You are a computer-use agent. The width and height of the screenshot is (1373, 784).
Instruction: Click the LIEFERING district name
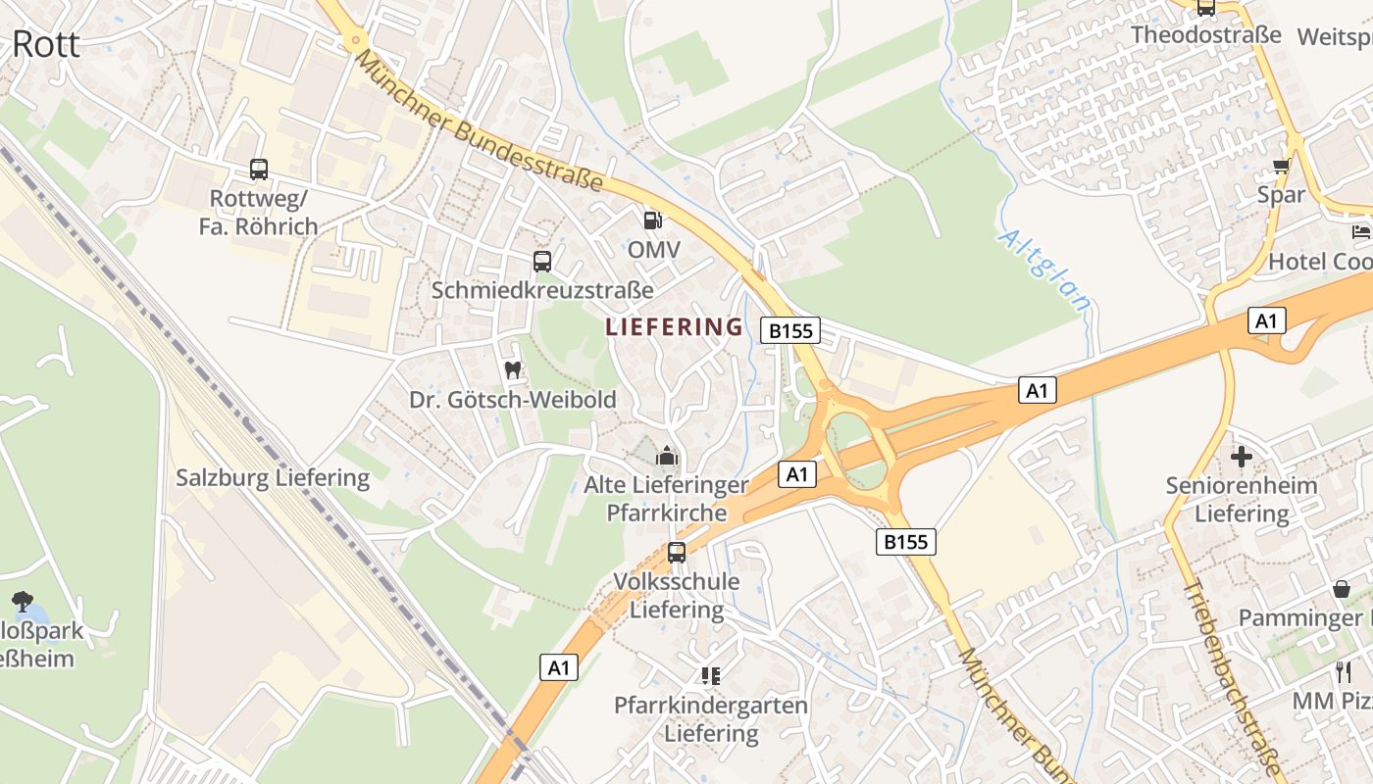(674, 326)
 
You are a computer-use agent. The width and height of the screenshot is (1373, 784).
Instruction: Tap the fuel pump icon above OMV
(652, 220)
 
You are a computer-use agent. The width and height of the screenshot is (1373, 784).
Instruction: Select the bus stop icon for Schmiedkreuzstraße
(542, 262)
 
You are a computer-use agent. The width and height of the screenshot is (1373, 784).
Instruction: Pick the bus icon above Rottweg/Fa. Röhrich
(259, 170)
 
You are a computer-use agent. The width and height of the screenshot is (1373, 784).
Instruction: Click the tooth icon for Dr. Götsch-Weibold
(512, 370)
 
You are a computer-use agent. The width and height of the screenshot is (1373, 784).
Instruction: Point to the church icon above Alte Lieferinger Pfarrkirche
(667, 456)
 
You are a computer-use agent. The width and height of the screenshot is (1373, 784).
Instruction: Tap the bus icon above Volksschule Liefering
(677, 553)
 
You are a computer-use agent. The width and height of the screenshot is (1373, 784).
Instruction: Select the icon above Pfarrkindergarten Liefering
(711, 676)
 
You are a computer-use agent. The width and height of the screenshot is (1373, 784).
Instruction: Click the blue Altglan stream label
(1044, 270)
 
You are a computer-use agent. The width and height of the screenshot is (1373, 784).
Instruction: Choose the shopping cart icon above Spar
(1281, 166)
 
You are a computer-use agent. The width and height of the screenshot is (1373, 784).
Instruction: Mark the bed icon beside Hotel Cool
(1361, 232)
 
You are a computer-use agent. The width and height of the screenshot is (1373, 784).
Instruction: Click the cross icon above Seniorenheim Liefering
(1242, 457)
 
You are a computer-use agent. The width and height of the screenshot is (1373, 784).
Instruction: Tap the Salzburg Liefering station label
(273, 478)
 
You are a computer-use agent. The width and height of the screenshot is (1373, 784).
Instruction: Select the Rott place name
(46, 44)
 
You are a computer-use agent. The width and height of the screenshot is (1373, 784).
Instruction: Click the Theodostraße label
(1205, 35)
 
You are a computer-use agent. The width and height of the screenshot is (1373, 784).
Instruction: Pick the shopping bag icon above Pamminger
(1342, 589)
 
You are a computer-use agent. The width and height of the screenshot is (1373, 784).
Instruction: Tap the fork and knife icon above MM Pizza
(1344, 672)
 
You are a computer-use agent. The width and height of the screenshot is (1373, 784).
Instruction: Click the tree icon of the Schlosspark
(22, 601)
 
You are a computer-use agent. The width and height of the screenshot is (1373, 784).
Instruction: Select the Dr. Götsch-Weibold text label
(513, 400)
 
